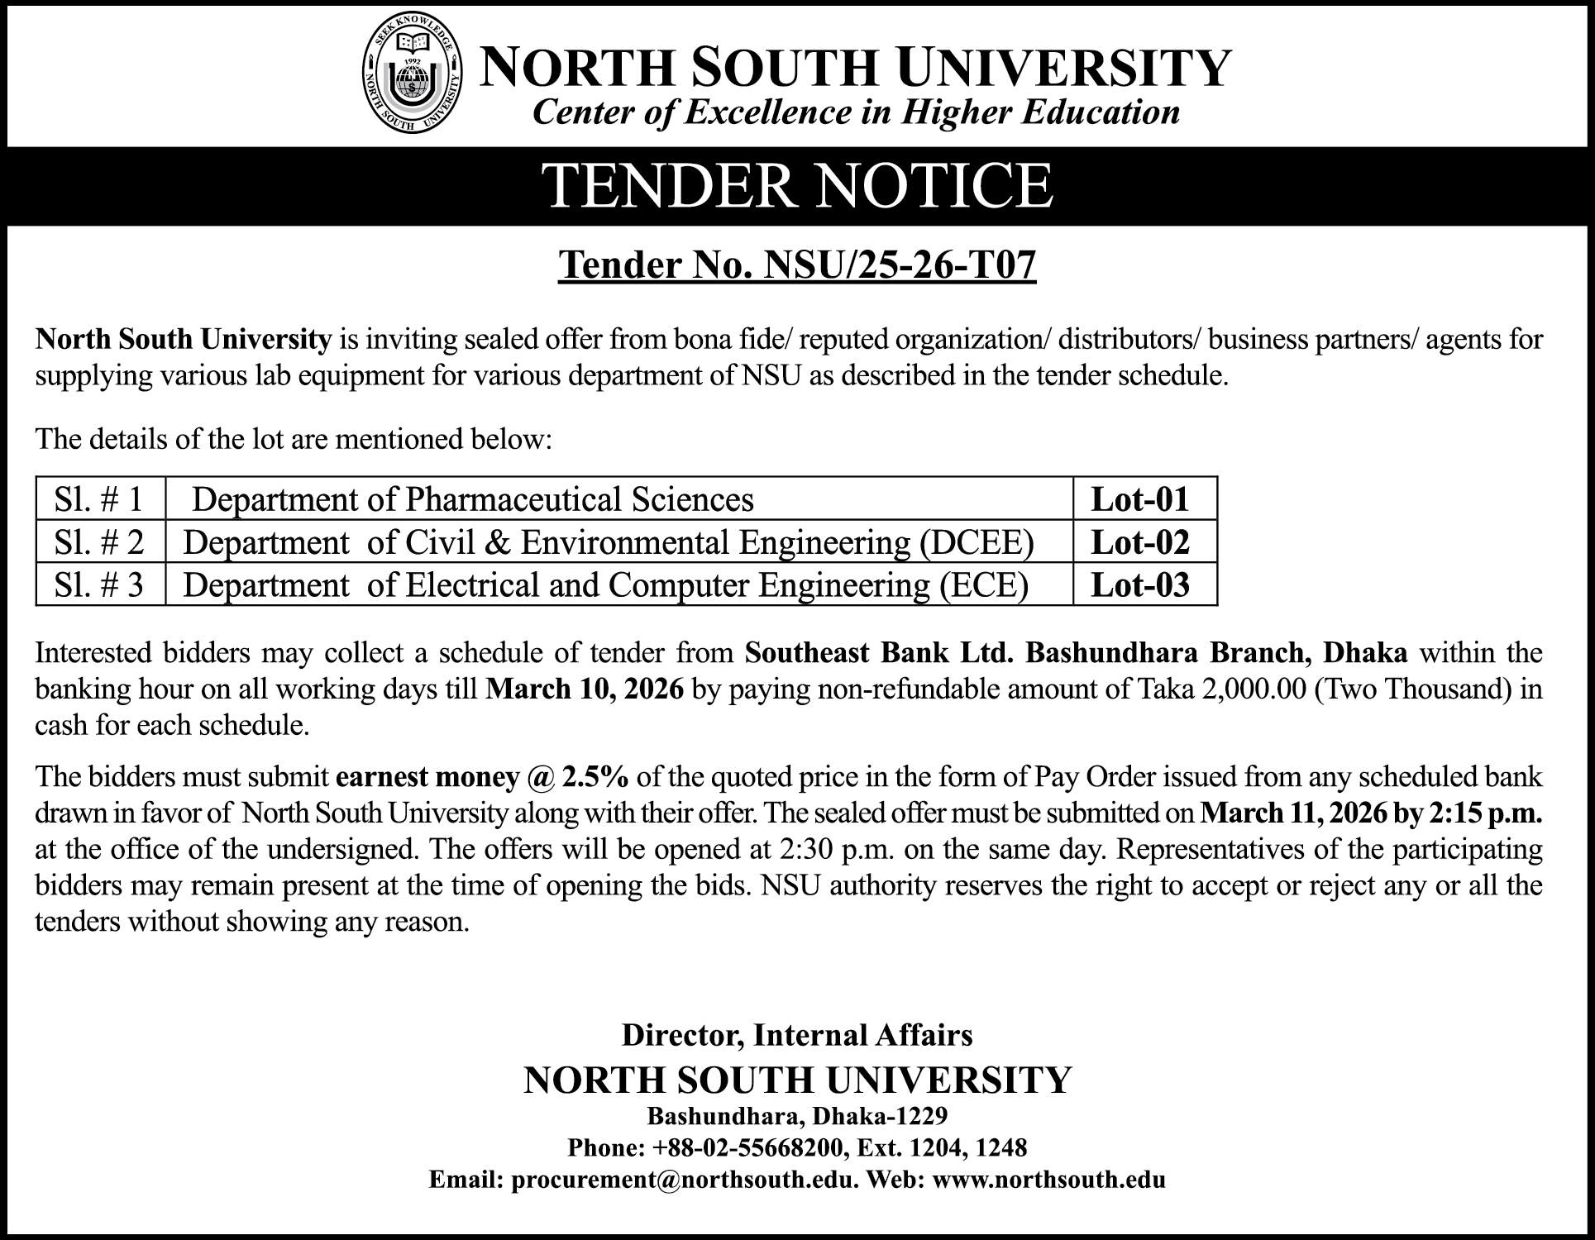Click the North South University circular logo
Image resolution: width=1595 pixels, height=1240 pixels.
[413, 81]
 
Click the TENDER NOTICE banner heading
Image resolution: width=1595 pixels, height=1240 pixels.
[798, 186]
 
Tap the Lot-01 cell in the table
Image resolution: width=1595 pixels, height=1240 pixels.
[1140, 499]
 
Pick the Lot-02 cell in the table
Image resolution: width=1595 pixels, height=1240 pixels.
[1140, 542]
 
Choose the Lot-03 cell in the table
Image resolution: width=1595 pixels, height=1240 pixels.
[1140, 585]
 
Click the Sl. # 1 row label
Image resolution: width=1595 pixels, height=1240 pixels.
[98, 499]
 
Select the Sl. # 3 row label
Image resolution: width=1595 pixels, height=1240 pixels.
[98, 585]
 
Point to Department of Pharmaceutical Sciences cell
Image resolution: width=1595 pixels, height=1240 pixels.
[473, 499]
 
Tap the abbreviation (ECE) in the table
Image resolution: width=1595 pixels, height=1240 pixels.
[983, 585]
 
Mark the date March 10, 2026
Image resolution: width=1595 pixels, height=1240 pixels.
[585, 689]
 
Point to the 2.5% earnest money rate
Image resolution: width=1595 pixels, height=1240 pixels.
[595, 777]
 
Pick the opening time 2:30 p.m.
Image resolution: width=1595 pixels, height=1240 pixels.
[838, 850]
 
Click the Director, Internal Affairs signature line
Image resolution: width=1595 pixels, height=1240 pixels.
[797, 1035]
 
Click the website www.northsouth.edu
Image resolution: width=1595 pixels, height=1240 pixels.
[1048, 1180]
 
